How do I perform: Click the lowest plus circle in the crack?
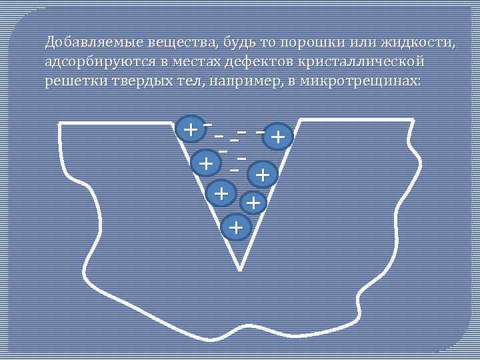pyautogui.click(x=235, y=228)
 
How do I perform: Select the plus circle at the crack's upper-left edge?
pyautogui.click(x=191, y=129)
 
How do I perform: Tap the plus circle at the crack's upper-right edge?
pyautogui.click(x=279, y=137)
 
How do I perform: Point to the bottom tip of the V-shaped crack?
pyautogui.click(x=239, y=269)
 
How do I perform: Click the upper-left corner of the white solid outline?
pyautogui.click(x=60, y=123)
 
